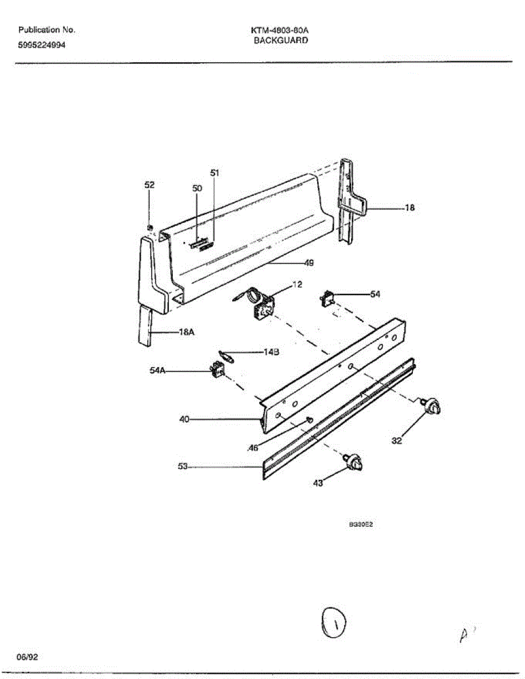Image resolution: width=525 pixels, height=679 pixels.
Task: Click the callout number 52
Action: (x=149, y=185)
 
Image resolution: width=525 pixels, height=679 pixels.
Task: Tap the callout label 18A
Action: (x=187, y=333)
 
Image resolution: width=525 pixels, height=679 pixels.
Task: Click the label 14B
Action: (x=272, y=352)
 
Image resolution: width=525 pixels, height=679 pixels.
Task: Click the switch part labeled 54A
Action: (x=217, y=371)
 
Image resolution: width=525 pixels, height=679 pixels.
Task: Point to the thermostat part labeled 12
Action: (x=262, y=307)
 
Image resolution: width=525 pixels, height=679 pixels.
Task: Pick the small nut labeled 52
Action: (x=150, y=227)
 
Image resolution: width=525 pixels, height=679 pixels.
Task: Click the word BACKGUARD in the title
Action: (x=281, y=41)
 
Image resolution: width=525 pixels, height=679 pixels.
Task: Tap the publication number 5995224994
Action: (x=42, y=46)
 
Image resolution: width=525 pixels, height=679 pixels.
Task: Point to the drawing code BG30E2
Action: (x=360, y=525)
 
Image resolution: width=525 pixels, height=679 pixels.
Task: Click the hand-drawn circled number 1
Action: (x=334, y=624)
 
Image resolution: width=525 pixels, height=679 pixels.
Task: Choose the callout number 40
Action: (x=184, y=420)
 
